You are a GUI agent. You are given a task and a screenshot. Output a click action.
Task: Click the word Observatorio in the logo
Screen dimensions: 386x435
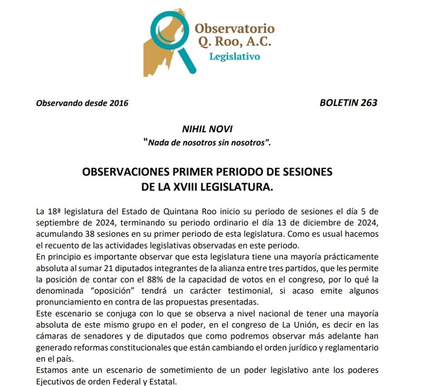(x=234, y=28)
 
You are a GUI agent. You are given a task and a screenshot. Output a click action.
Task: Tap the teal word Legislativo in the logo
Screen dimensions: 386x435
(x=234, y=56)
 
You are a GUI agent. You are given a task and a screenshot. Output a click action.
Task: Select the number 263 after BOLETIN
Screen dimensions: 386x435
(x=367, y=103)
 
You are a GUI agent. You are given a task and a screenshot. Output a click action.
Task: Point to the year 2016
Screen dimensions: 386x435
(x=118, y=103)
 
